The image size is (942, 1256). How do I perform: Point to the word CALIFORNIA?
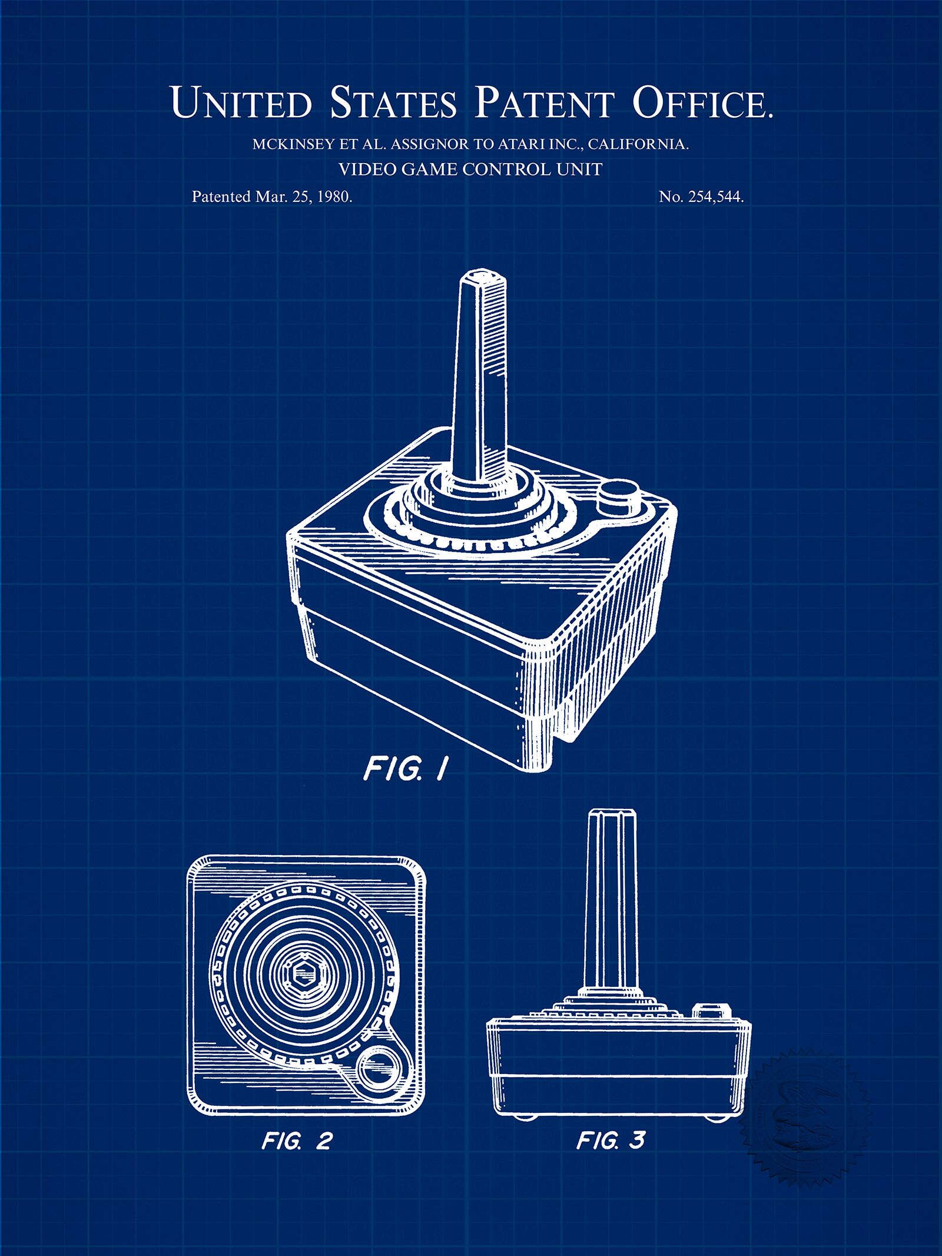[x=638, y=144]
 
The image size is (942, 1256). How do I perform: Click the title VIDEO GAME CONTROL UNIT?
[x=470, y=170]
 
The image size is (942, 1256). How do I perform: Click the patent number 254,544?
[x=716, y=197]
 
